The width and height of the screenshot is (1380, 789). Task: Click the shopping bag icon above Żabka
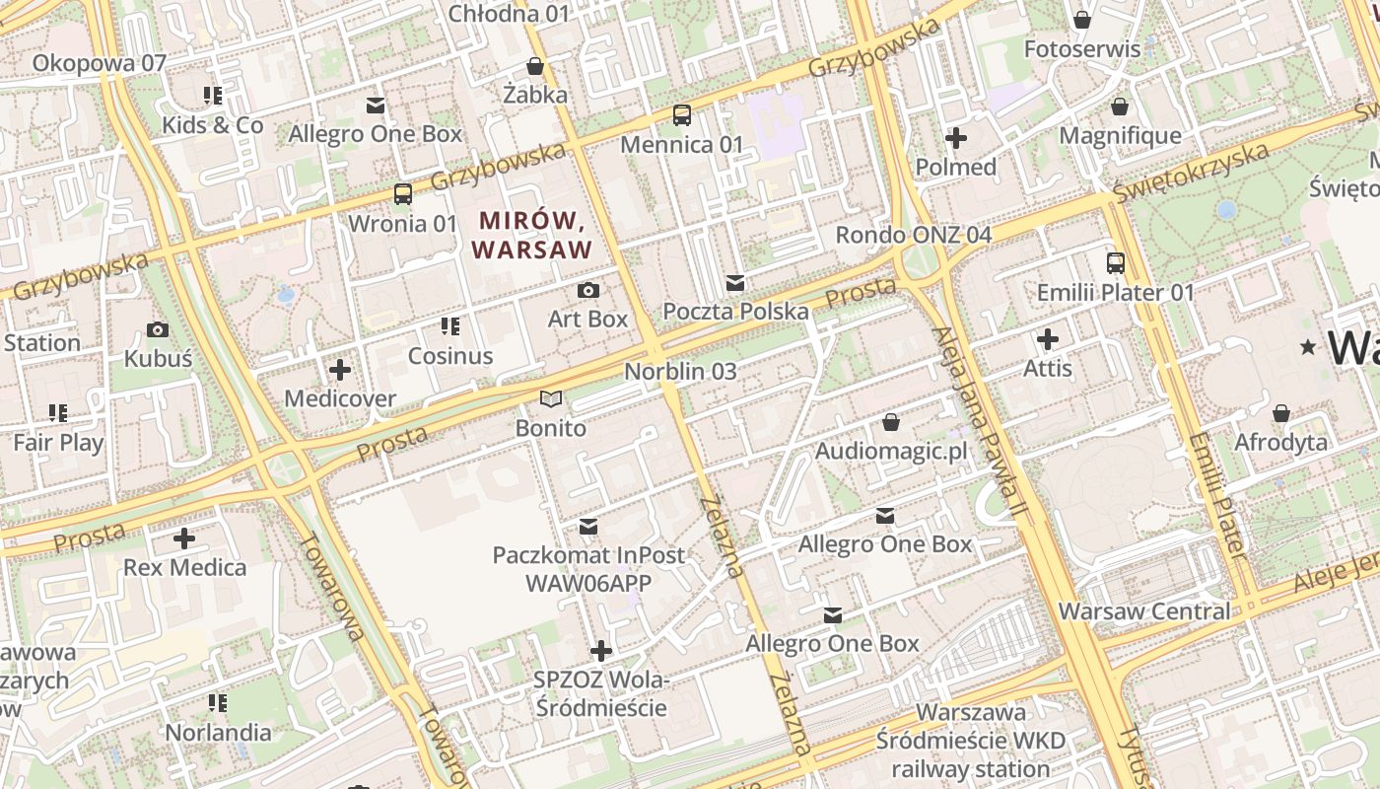click(x=535, y=66)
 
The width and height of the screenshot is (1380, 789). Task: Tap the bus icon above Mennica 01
click(x=682, y=115)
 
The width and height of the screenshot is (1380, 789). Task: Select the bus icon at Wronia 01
click(x=403, y=193)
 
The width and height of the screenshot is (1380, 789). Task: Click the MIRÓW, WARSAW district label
click(x=532, y=234)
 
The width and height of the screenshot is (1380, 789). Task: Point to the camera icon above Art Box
click(x=588, y=290)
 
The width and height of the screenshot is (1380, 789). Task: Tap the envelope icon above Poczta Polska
click(x=735, y=283)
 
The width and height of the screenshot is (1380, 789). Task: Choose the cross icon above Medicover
click(x=340, y=370)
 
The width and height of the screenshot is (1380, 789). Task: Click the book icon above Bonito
click(x=551, y=399)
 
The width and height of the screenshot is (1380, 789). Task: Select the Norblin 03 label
click(x=680, y=372)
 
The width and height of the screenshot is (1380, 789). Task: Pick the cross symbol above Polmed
click(x=956, y=138)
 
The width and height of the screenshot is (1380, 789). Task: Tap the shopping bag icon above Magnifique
click(x=1120, y=107)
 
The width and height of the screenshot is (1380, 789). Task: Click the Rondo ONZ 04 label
click(x=913, y=235)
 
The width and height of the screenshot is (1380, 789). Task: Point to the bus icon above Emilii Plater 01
click(x=1116, y=263)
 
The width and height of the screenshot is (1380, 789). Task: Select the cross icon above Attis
click(x=1048, y=339)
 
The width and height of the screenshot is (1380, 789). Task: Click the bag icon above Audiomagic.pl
click(x=891, y=422)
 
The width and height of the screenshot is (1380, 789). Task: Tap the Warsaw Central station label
click(x=1144, y=611)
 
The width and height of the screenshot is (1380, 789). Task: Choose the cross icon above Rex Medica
click(x=184, y=538)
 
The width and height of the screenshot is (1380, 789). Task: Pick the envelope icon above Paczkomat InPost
click(x=588, y=527)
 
